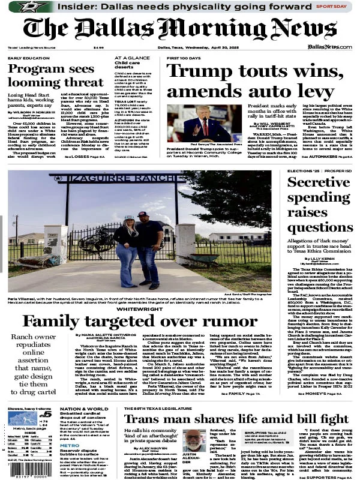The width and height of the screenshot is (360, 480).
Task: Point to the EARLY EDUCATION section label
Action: [29, 58]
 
